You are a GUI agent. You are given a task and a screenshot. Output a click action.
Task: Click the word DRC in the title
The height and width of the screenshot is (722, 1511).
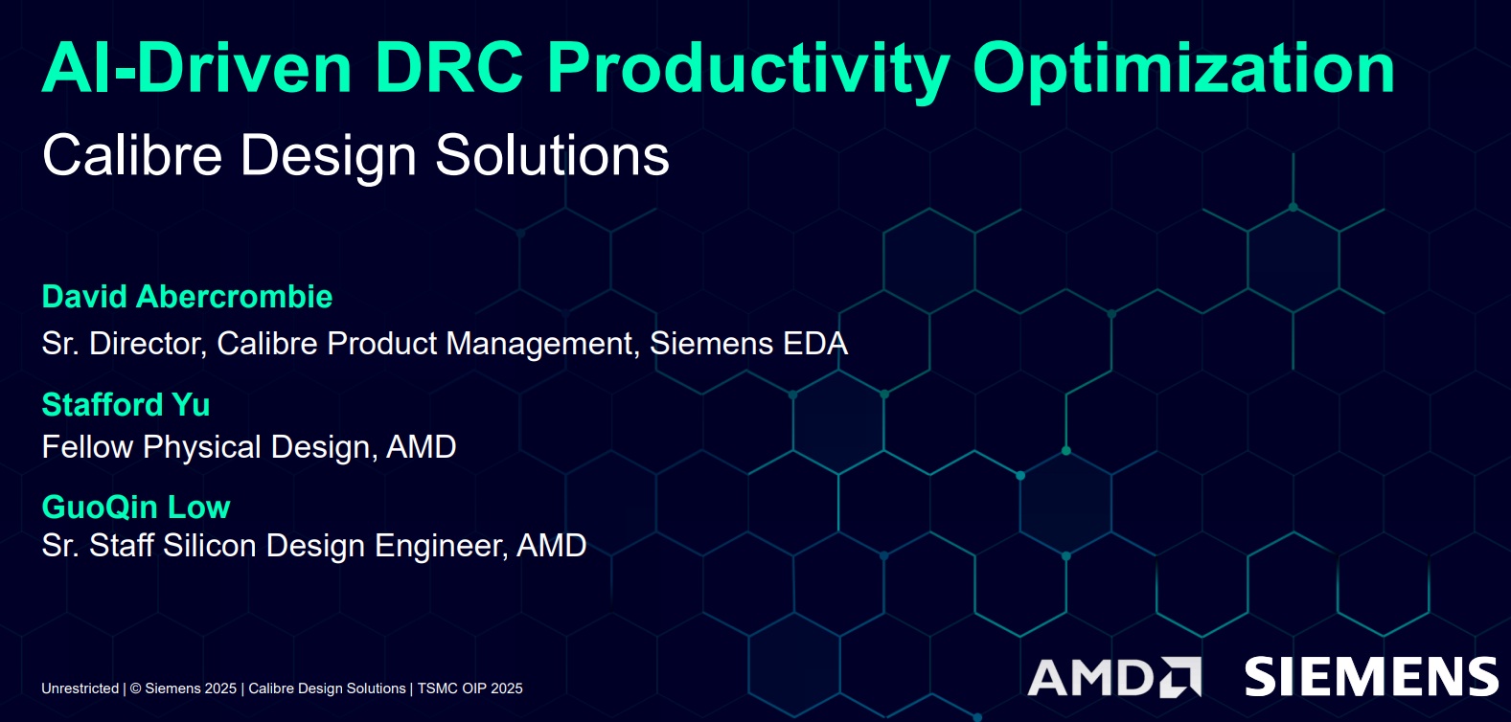448,68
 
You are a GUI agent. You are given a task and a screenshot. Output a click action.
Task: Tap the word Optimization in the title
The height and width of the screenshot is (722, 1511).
1183,68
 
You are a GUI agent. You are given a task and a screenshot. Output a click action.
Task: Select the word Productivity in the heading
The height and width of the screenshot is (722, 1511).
747,68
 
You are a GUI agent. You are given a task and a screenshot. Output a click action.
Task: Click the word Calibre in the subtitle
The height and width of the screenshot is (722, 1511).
132,155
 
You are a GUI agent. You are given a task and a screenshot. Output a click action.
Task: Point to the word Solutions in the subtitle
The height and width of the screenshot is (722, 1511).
552,155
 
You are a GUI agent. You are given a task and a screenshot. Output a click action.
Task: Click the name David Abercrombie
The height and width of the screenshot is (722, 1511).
187,297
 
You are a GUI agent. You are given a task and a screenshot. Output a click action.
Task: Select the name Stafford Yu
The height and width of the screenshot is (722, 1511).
126,405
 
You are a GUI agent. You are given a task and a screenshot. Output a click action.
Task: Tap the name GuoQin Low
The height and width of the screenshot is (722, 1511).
136,508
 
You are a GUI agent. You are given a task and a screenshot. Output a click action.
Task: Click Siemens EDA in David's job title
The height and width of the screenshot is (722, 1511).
748,344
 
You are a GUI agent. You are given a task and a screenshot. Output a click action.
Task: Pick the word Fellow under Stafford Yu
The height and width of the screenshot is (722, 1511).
86,447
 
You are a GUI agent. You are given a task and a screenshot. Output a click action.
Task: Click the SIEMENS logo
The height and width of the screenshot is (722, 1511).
1370,677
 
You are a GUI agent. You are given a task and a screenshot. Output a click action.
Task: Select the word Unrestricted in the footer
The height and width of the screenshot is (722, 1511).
80,688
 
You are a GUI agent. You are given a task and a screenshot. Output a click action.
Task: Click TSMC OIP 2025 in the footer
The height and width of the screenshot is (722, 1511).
469,688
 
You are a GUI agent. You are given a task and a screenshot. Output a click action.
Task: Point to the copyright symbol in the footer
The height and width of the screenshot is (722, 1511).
135,688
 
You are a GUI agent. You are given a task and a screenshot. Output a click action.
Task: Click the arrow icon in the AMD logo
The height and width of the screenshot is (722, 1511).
1180,677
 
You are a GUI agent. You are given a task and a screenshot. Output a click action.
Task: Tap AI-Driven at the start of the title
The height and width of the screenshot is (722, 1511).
197,68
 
